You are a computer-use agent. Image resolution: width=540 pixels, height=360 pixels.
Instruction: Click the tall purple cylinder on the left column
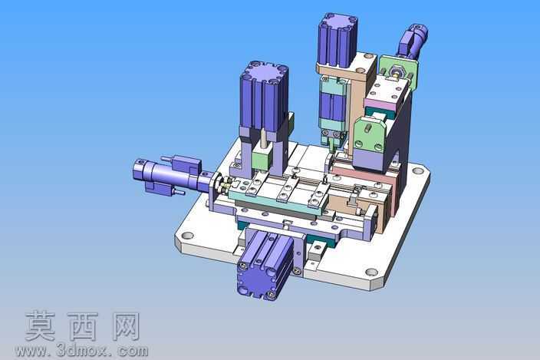coord(265,98)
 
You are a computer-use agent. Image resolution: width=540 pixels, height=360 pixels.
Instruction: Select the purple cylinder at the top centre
coord(337,41)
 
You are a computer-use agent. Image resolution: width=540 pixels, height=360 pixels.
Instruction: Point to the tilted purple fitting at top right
coord(413,40)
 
